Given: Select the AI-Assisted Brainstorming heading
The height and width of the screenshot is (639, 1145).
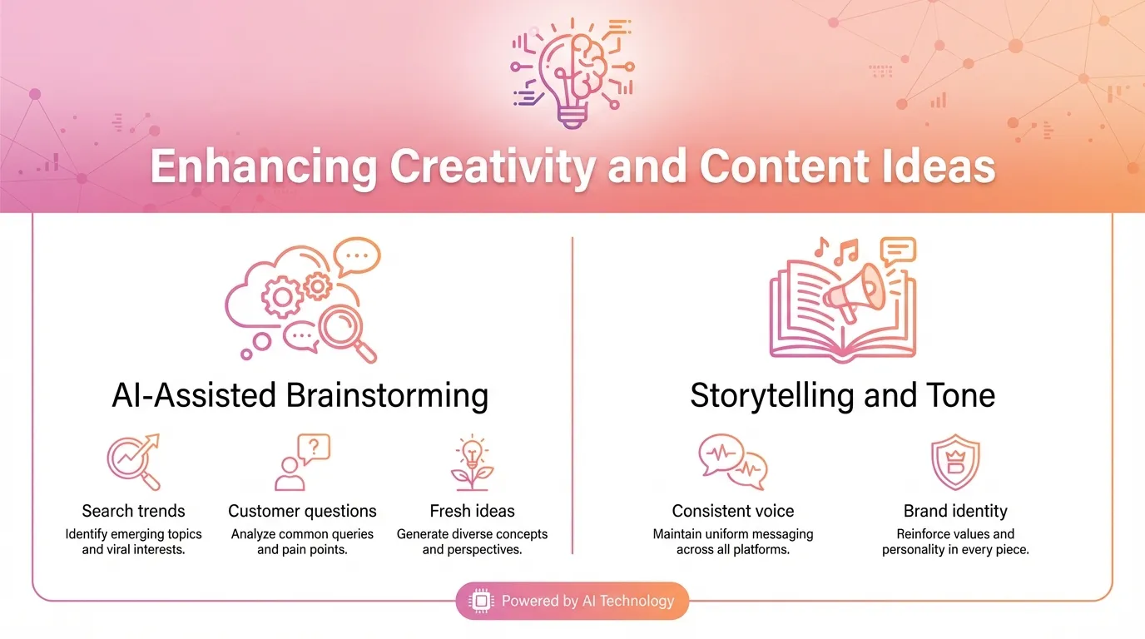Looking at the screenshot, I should [x=300, y=394].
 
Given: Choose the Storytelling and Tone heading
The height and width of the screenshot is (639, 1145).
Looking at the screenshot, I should [x=842, y=394].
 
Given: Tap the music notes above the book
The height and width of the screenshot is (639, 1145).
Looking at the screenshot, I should [x=835, y=250].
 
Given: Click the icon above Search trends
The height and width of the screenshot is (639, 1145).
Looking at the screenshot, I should [x=133, y=461].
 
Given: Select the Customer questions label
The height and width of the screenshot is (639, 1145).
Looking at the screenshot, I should [x=302, y=511].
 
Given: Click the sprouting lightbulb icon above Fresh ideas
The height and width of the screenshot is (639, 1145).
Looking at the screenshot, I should [x=472, y=463].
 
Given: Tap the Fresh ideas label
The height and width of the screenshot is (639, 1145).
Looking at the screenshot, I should [x=472, y=511].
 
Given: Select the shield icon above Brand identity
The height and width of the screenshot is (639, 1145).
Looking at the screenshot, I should [x=955, y=463].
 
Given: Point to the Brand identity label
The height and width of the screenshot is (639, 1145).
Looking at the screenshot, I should [x=955, y=511].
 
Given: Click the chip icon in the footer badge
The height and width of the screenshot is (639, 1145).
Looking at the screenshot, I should [x=481, y=601].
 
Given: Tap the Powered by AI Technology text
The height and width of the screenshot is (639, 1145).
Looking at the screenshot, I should [x=587, y=601].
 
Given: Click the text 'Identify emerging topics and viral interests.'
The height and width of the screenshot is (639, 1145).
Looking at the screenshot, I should [x=133, y=542].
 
